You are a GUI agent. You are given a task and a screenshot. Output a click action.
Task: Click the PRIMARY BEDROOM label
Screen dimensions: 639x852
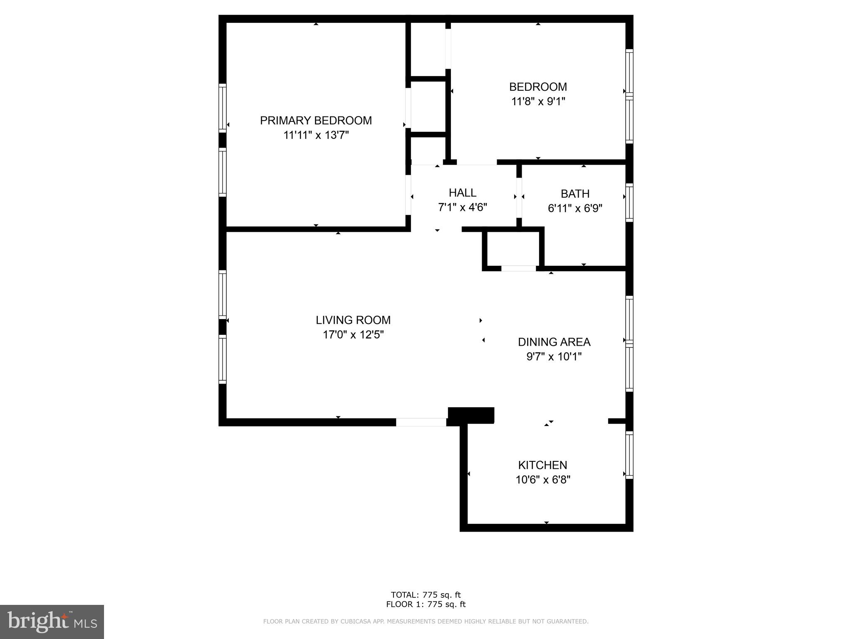pyautogui.click(x=316, y=121)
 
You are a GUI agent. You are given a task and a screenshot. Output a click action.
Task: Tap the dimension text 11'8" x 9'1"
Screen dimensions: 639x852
pyautogui.click(x=538, y=102)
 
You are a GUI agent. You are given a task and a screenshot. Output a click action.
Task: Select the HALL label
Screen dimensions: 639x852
pyautogui.click(x=462, y=193)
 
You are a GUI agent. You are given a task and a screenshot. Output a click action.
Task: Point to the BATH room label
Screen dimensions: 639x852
pyautogui.click(x=575, y=194)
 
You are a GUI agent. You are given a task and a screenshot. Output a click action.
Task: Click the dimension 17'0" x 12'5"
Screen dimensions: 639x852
pyautogui.click(x=353, y=335)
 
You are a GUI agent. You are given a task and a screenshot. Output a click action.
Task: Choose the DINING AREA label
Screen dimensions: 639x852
pyautogui.click(x=554, y=342)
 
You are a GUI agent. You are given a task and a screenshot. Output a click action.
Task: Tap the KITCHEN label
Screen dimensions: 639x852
pyautogui.click(x=542, y=465)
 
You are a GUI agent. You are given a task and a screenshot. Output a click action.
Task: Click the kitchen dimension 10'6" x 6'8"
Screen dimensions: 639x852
pyautogui.click(x=542, y=480)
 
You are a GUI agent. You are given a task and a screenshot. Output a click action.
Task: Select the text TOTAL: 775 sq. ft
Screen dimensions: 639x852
pyautogui.click(x=426, y=595)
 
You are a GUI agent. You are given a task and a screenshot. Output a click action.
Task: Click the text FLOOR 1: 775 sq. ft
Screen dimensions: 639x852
pyautogui.click(x=426, y=604)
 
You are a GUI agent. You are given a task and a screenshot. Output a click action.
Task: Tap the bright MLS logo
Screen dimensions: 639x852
pyautogui.click(x=52, y=622)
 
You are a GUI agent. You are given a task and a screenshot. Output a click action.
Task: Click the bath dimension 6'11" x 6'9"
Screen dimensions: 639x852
pyautogui.click(x=575, y=208)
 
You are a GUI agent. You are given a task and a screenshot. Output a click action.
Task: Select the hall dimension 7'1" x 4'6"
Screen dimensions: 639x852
pyautogui.click(x=462, y=207)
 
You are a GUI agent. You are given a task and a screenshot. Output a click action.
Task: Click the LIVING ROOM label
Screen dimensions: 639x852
pyautogui.click(x=353, y=320)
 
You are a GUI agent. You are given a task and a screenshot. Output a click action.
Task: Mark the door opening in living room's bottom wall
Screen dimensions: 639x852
pyautogui.click(x=421, y=422)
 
